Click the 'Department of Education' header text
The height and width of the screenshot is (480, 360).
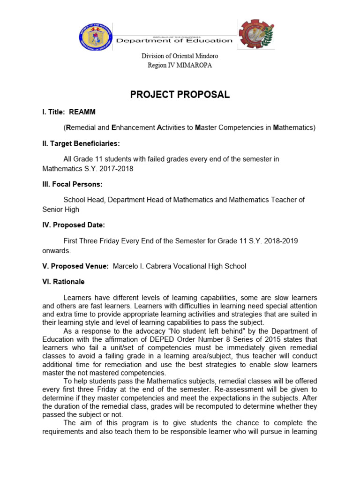pyautogui.click(x=174, y=40)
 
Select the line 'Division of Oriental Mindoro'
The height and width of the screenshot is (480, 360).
pyautogui.click(x=180, y=56)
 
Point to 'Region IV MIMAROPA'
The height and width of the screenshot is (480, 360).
pyautogui.click(x=180, y=65)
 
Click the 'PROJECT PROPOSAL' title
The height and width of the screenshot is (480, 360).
pyautogui.click(x=180, y=95)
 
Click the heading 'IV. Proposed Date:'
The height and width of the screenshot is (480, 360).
pyautogui.click(x=74, y=225)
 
